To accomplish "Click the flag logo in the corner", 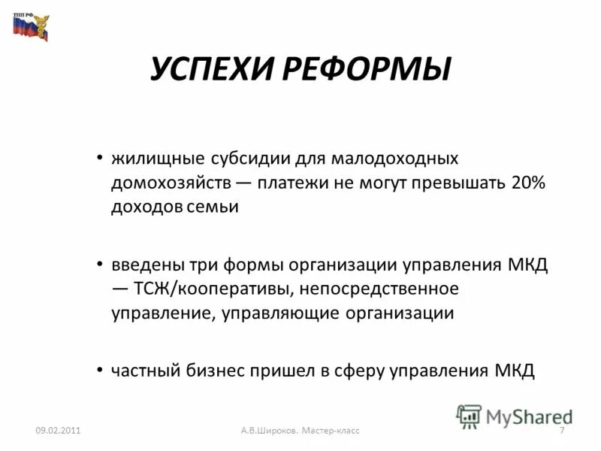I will coord(29,26).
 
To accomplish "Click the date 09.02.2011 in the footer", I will coord(58,430).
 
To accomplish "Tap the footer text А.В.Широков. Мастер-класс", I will coord(300,430).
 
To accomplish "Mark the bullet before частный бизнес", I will coord(101,370).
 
